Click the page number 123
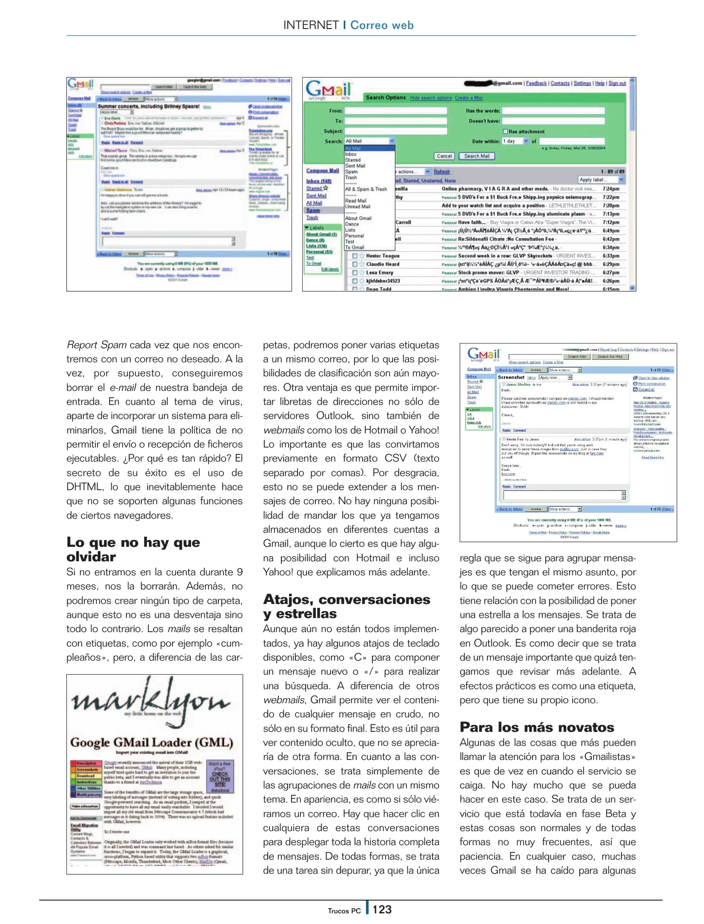click(x=381, y=909)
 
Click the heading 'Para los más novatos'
click(x=536, y=727)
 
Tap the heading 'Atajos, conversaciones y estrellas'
click(x=346, y=606)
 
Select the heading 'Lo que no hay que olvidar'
click(x=133, y=549)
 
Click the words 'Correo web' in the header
click(x=382, y=25)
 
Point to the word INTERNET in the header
click(x=311, y=25)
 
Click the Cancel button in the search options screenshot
click(x=444, y=156)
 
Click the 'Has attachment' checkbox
click(x=505, y=131)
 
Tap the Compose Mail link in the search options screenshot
click(x=322, y=171)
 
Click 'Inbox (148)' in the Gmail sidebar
click(x=318, y=181)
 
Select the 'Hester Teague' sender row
click(x=383, y=256)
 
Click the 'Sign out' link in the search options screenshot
click(x=617, y=83)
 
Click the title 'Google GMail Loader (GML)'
click(x=152, y=742)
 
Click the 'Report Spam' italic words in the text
click(x=96, y=345)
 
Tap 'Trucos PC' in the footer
click(x=344, y=911)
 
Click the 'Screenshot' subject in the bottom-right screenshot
click(x=511, y=377)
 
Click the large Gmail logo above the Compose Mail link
click(x=328, y=90)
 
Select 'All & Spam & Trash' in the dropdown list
click(x=365, y=189)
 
